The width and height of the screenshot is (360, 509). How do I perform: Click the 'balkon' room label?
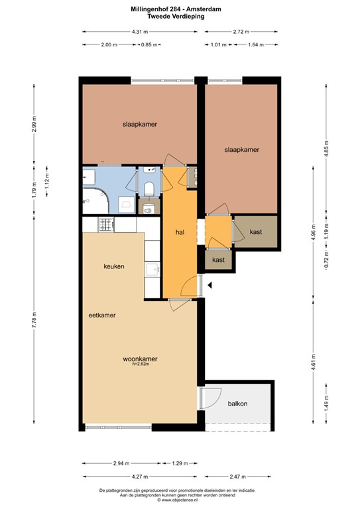237,404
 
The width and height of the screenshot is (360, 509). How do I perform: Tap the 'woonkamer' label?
141,359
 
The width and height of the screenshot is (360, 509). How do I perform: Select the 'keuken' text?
114,266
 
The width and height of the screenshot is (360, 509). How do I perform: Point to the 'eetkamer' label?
102,315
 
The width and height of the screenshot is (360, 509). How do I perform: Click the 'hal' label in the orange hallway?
180,232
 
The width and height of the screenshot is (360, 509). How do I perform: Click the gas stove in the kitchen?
107,224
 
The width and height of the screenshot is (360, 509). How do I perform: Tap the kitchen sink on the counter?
152,270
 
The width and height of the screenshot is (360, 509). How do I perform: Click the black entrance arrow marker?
210,286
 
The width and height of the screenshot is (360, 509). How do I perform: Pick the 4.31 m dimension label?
140,32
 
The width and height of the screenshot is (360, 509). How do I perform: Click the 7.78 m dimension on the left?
34,320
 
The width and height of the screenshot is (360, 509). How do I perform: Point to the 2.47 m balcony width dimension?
237,477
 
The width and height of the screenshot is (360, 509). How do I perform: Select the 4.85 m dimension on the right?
327,148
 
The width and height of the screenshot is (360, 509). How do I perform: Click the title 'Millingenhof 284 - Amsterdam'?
176,9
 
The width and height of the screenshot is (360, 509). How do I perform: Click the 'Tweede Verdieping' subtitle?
176,16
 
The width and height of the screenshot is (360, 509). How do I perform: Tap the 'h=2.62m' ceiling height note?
141,364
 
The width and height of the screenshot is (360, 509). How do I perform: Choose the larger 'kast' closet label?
256,232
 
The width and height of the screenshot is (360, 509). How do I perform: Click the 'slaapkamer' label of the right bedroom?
242,150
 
